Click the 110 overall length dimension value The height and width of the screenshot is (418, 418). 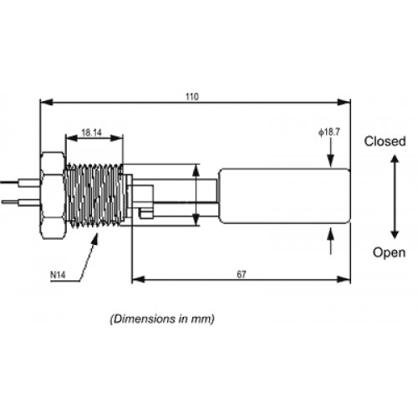tap(192, 97)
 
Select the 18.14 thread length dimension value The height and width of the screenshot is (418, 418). tap(92, 133)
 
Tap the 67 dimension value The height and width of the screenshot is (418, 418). tap(242, 274)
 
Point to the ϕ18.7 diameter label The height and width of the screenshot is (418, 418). tap(329, 132)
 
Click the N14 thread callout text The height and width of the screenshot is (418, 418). tap(58, 275)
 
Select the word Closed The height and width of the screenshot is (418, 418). tap(385, 141)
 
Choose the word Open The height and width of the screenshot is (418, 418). tap(389, 252)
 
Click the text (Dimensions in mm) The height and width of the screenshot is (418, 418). tap(162, 319)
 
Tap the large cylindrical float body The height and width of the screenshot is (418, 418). tap(284, 196)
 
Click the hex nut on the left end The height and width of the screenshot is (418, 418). tap(53, 196)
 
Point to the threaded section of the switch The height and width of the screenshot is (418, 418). tap(94, 195)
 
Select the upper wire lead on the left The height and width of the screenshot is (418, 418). tap(20, 183)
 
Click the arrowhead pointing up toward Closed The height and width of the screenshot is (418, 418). tap(395, 159)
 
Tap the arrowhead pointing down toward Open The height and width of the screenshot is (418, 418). tap(395, 235)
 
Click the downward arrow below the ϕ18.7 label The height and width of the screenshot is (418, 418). tap(330, 153)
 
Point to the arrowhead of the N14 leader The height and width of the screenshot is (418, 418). tap(95, 239)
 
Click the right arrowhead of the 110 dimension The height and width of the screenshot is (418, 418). tap(344, 102)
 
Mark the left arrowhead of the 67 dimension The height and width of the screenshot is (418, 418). tap(138, 279)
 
